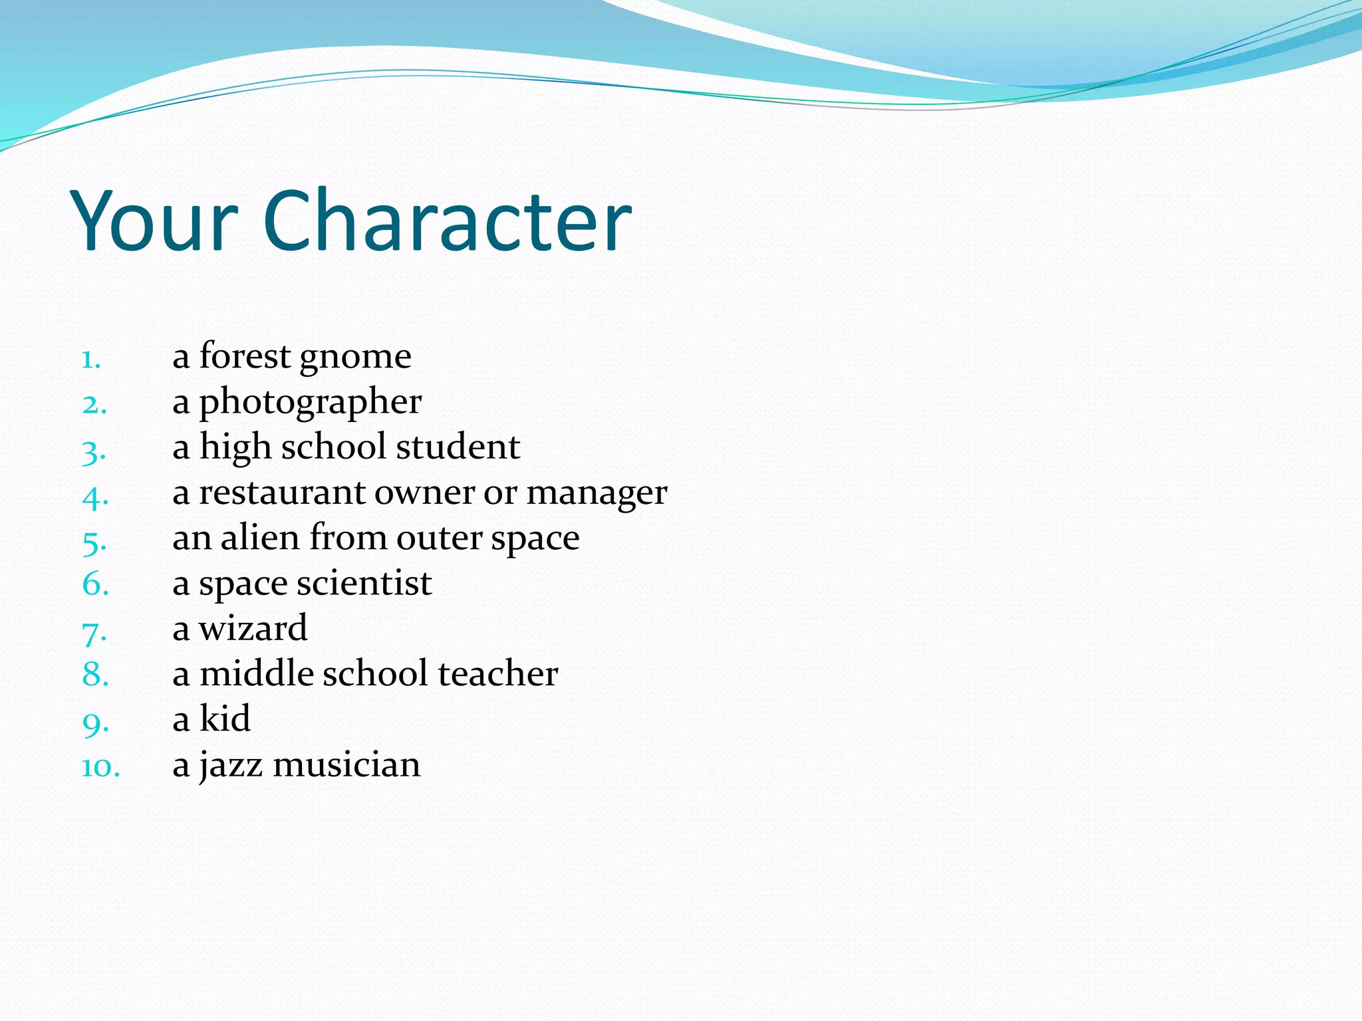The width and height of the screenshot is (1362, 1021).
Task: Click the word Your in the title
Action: click(154, 221)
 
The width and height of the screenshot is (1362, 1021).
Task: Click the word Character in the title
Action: click(447, 221)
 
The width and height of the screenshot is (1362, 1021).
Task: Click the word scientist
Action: click(364, 584)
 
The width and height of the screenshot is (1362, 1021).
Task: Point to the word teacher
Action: click(498, 674)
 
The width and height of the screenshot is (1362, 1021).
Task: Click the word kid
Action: click(225, 719)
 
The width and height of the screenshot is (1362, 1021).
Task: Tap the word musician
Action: click(346, 764)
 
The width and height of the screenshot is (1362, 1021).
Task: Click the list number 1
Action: click(91, 360)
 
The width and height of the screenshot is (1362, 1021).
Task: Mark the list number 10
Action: click(100, 768)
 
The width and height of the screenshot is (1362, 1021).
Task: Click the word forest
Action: click(245, 356)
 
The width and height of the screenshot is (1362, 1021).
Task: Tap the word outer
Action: click(440, 538)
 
